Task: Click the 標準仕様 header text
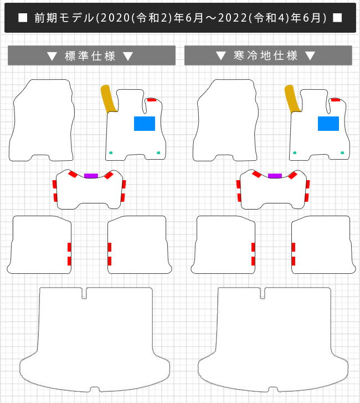[90, 56]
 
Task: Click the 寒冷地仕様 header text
[265, 55]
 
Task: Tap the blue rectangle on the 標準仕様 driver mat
[145, 124]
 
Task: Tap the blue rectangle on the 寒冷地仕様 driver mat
[328, 124]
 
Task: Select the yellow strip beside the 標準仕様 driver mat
[108, 99]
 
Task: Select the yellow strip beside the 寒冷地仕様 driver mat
[292, 99]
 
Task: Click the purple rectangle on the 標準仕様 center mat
[91, 176]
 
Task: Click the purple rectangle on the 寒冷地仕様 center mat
[275, 176]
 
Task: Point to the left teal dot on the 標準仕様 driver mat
[111, 152]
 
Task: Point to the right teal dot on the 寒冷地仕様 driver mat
[342, 152]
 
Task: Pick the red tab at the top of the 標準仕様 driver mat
[152, 100]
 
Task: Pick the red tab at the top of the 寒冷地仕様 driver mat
[335, 100]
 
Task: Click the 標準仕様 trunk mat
[95, 339]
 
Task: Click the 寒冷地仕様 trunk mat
[273, 339]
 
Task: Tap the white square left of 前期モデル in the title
[23, 18]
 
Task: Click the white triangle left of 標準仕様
[52, 56]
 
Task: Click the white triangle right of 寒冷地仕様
[310, 55]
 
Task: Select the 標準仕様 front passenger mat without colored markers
[42, 120]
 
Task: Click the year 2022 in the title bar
[233, 18]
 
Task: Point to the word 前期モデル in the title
[64, 18]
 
